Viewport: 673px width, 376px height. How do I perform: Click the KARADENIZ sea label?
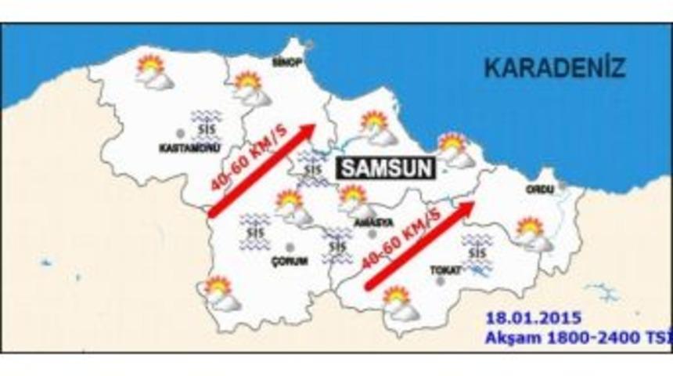coord(555,67)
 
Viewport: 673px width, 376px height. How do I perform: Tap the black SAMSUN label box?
coord(375,167)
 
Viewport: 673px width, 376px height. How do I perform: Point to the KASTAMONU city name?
coord(182,146)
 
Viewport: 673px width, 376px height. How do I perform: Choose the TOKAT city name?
coord(442,269)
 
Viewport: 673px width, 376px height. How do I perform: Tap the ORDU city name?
coord(539,189)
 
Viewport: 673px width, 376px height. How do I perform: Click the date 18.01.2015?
coord(532,319)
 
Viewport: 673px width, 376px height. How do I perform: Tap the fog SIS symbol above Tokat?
coord(477,255)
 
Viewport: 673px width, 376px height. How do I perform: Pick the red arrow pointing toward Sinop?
coord(262,168)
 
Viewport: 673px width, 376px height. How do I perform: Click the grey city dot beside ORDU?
coord(562,186)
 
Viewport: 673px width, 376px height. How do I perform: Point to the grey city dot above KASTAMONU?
coord(181,133)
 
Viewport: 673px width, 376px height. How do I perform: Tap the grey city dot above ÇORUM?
coord(290,247)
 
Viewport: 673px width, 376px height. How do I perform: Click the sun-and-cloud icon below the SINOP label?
coord(250,88)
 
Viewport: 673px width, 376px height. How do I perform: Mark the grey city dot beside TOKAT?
coord(440,280)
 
